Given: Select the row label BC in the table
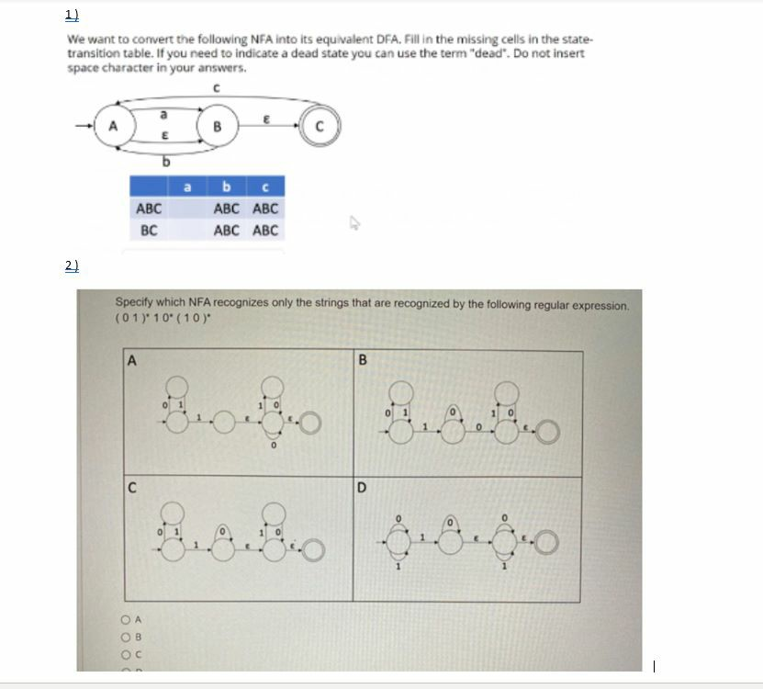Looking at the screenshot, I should pos(149,230).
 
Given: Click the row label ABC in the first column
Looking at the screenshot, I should pos(149,209).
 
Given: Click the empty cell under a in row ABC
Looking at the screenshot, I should pos(187,209).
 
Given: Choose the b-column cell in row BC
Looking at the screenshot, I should pos(226,230).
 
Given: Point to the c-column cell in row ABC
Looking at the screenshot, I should pos(264,209).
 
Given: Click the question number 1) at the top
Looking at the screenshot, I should pos(73,14).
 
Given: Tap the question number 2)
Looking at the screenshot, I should pos(73,265).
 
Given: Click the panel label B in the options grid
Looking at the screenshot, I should pos(362,360).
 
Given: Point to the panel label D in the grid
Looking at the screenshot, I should pos(362,487).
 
